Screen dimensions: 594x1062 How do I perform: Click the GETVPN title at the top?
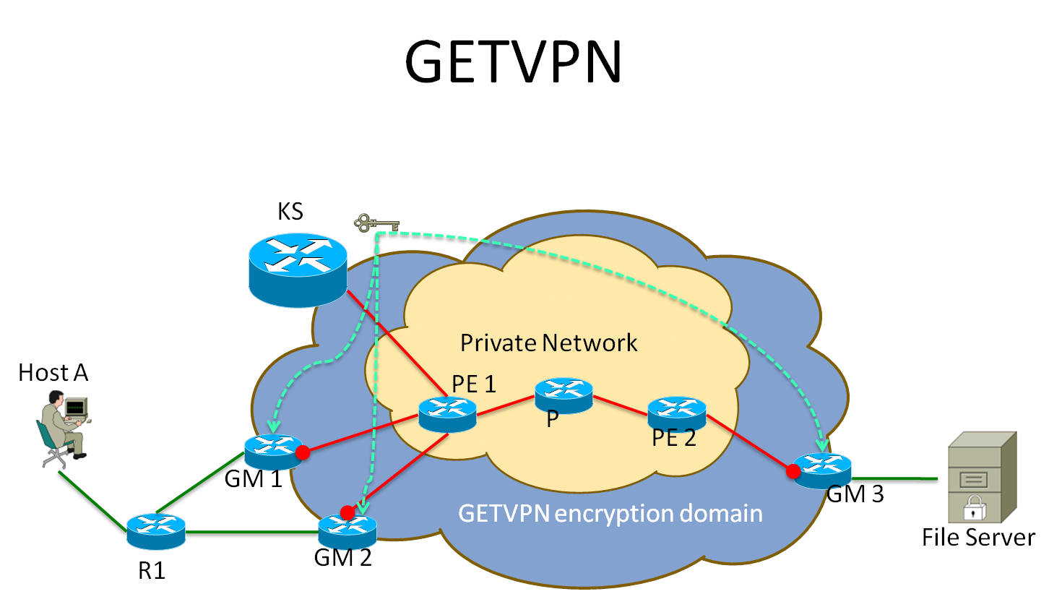[x=513, y=61]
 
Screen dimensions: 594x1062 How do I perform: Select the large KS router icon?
[x=298, y=270]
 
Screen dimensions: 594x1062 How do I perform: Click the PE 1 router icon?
[x=447, y=414]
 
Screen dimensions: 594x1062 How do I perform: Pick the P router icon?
[x=564, y=395]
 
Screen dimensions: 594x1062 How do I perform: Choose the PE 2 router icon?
[x=677, y=413]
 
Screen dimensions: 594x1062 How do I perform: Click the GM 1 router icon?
[x=272, y=452]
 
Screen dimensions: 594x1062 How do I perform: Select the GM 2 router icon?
[x=347, y=530]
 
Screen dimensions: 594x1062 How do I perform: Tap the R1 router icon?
[x=156, y=531]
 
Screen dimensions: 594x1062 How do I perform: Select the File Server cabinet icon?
[x=980, y=477]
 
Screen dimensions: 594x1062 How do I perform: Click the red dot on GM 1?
[x=303, y=453]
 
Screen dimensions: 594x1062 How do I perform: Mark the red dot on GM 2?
[x=347, y=512]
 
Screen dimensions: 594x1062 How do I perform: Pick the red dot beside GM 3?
[x=793, y=471]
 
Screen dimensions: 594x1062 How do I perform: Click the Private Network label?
[x=548, y=343]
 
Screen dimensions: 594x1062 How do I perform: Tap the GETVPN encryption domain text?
[x=610, y=513]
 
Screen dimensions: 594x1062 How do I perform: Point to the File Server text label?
[x=978, y=538]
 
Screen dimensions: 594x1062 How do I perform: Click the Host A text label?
[x=53, y=373]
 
